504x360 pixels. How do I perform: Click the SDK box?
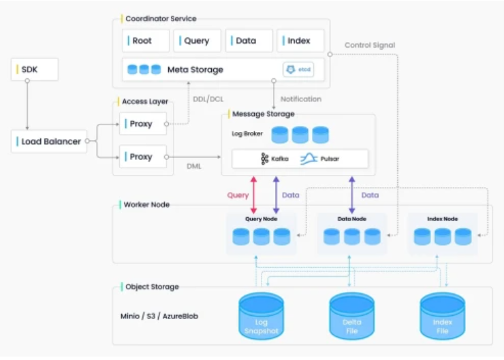(35, 69)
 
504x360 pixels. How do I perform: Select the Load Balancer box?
(49, 142)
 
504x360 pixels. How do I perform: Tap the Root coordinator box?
(146, 41)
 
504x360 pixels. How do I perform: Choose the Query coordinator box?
(197, 41)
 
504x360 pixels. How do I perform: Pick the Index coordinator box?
(300, 41)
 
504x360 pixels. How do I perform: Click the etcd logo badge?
(298, 69)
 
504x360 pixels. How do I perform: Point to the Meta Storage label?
(195, 69)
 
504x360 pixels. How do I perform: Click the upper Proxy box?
(143, 124)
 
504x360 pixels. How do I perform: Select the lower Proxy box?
(143, 157)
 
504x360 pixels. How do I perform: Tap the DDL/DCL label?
(208, 99)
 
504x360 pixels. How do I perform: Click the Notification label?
(301, 99)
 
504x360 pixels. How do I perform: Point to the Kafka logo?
(264, 159)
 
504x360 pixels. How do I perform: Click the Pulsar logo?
(309, 159)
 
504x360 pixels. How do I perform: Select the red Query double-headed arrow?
(253, 195)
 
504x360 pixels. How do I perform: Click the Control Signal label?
(370, 46)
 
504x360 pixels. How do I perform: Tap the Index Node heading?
(442, 219)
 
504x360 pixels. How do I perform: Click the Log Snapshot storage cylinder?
(261, 316)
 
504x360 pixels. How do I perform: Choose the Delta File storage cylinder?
(351, 316)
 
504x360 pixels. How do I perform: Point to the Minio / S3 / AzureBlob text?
(159, 316)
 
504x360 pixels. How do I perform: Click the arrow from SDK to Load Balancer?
(27, 105)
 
